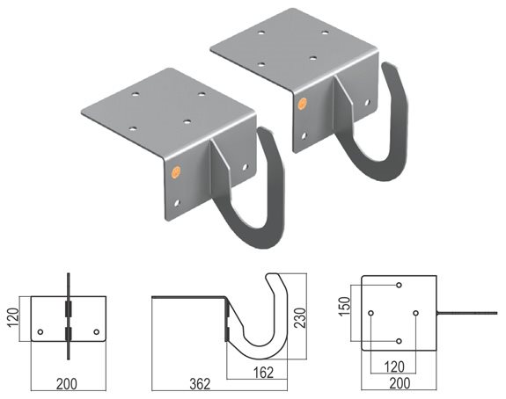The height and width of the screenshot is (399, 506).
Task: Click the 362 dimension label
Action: pyautogui.click(x=200, y=384)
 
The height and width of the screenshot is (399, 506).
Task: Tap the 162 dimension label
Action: pyautogui.click(x=263, y=373)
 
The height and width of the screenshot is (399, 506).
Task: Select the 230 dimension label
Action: pyautogui.click(x=300, y=318)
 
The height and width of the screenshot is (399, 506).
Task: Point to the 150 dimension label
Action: pyautogui.click(x=345, y=307)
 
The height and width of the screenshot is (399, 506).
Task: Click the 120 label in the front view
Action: pyautogui.click(x=13, y=318)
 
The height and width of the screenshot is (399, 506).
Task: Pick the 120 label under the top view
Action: pyautogui.click(x=394, y=366)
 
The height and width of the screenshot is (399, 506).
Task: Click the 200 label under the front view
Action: pyautogui.click(x=67, y=384)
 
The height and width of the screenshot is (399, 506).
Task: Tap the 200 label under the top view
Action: pyautogui.click(x=400, y=383)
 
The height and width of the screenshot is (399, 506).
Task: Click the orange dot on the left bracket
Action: pyautogui.click(x=176, y=170)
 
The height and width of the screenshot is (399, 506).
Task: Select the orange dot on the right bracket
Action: pyautogui.click(x=302, y=104)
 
